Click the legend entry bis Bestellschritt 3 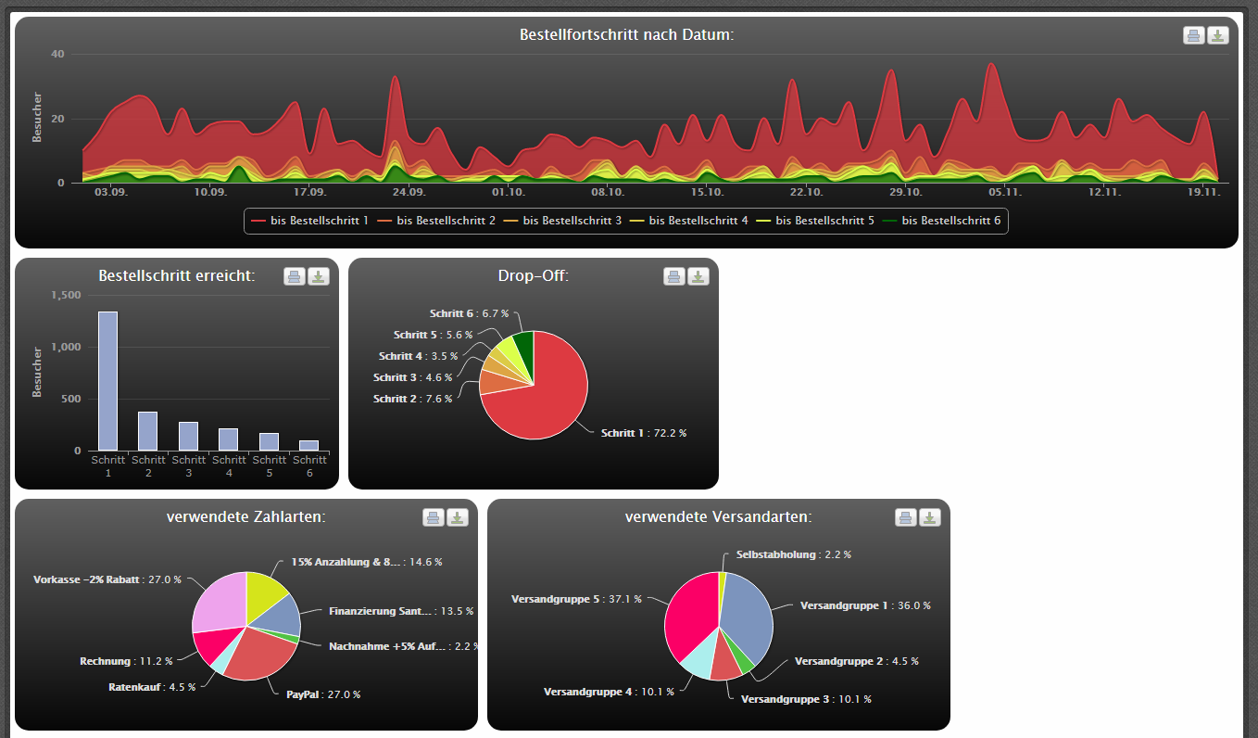[x=562, y=221]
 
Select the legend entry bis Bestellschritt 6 [x=941, y=221]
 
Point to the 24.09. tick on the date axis [x=409, y=192]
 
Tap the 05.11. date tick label [x=1005, y=192]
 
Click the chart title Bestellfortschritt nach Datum [x=627, y=35]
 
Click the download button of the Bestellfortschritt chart [x=1217, y=35]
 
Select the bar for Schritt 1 [x=107, y=381]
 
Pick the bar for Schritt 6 [x=308, y=446]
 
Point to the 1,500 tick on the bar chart [x=67, y=295]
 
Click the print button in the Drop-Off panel [x=674, y=276]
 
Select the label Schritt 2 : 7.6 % [x=413, y=399]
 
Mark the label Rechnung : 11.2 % [x=126, y=662]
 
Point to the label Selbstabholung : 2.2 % [x=794, y=554]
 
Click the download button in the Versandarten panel [x=929, y=517]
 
